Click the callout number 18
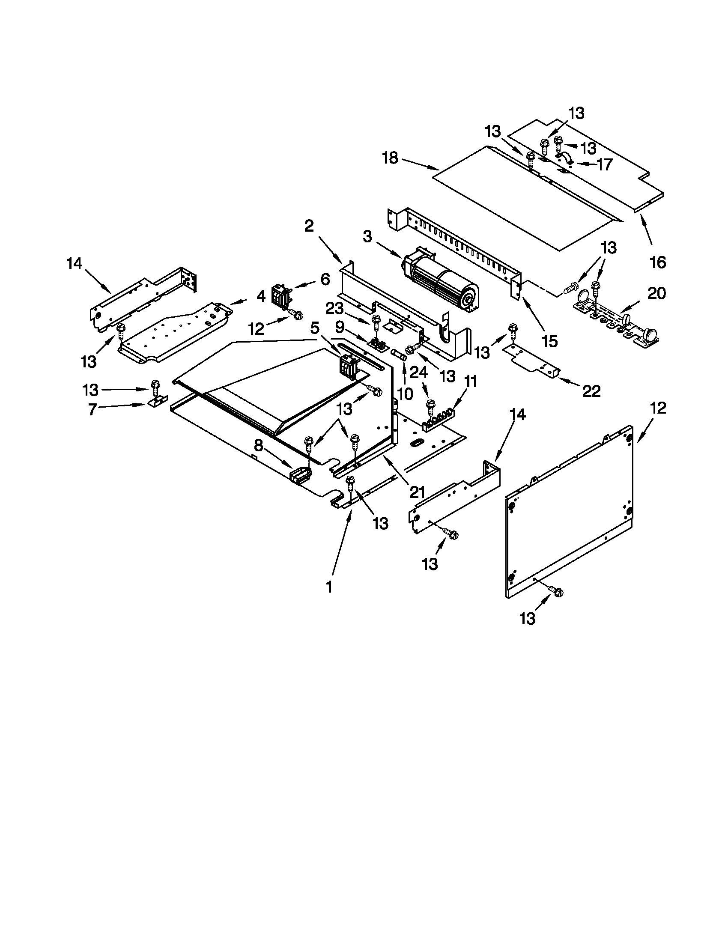coord(390,158)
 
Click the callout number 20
coord(656,294)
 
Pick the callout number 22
coord(591,391)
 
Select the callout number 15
coord(549,341)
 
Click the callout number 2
coord(309,226)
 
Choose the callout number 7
coord(92,409)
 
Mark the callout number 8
coord(258,445)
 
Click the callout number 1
coord(329,587)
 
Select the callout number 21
coord(418,491)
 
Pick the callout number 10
coord(405,393)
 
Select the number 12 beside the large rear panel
coord(658,408)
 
